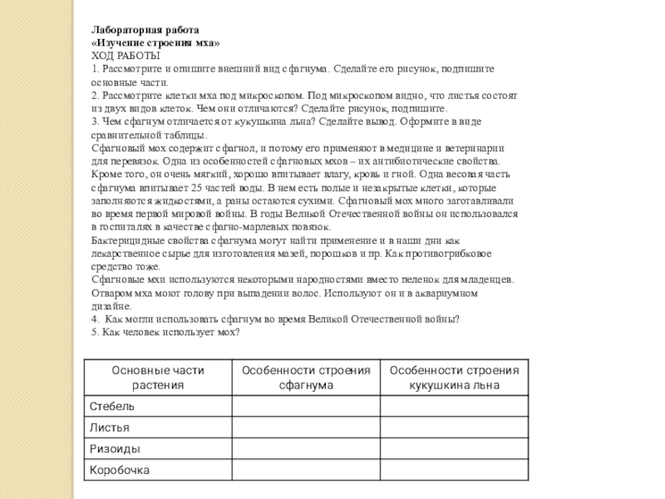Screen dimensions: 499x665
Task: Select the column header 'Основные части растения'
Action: pos(158,378)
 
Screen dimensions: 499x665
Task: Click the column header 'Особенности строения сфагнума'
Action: pos(305,378)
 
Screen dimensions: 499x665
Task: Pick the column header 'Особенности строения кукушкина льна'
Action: pos(454,378)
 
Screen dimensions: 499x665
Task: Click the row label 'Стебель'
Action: pos(111,406)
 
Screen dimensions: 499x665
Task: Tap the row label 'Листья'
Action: pos(110,427)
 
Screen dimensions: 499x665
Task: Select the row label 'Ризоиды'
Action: pos(115,449)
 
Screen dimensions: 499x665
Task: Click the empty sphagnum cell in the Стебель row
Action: pos(305,406)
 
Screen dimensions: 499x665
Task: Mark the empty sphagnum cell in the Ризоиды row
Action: pos(305,449)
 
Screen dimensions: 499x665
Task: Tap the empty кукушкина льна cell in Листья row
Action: pos(454,427)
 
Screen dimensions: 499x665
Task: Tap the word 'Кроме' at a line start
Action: pos(105,175)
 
